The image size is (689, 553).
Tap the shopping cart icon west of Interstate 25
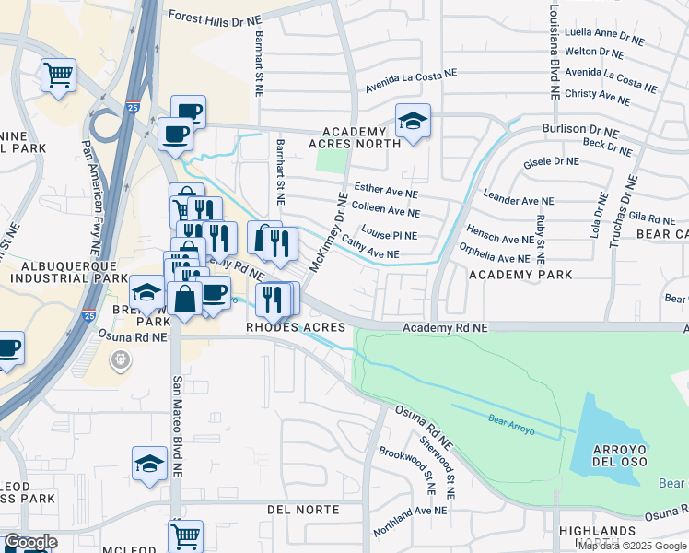pos(59,75)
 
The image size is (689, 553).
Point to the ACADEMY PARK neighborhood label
pos(520,275)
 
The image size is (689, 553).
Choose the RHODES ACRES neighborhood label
pos(295,327)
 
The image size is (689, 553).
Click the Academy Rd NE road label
pos(445,327)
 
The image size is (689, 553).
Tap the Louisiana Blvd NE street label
pos(555,50)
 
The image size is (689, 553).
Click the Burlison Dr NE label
pos(578,130)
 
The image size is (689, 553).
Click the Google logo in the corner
pos(29,542)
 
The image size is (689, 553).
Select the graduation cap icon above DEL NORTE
pos(149,463)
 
